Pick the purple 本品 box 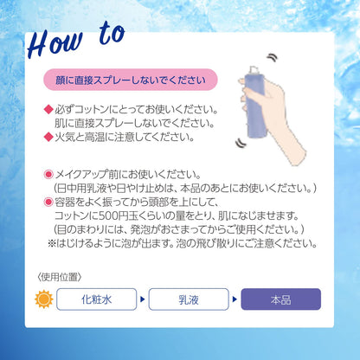(x=280, y=299)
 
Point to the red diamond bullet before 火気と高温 (x=48, y=137)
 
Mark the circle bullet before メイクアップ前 (x=48, y=174)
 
